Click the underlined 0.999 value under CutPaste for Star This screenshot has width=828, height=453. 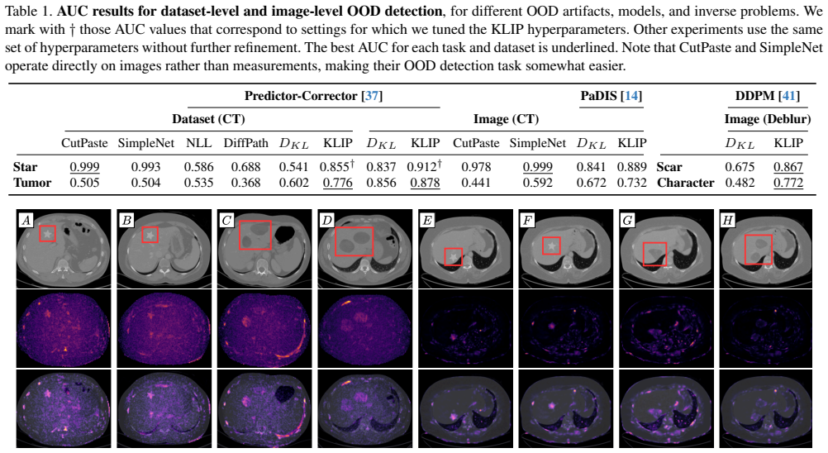pos(84,167)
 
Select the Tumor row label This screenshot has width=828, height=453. pos(32,183)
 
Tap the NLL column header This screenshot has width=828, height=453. pos(198,143)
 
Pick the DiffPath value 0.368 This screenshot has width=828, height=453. pos(245,183)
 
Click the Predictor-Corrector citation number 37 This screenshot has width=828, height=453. pos(372,96)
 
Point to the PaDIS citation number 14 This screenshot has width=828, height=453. pos(632,96)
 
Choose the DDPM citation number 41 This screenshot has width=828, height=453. pos(788,96)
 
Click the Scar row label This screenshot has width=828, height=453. pos(669,167)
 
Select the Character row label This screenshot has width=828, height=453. pos(685,183)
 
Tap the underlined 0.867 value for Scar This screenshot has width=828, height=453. pos(788,167)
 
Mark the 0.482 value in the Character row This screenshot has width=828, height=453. pos(740,183)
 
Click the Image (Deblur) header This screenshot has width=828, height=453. pos(768,119)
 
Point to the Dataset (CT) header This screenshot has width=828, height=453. pos(208,119)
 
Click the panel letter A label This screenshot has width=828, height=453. pos(26,220)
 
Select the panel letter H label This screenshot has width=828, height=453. pos(728,220)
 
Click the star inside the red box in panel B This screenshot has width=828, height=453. pos(150,235)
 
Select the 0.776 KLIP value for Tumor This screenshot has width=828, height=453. pos(337,183)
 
